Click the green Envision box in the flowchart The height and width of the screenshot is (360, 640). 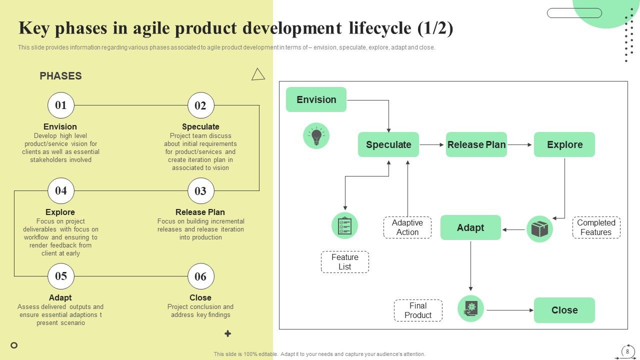click(x=316, y=99)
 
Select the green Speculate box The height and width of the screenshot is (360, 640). click(x=388, y=144)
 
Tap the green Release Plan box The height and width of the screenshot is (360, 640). click(x=476, y=144)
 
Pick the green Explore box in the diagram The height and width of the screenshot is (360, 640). click(x=564, y=144)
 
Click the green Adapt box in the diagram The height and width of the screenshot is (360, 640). click(x=470, y=227)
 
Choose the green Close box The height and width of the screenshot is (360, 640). click(x=564, y=310)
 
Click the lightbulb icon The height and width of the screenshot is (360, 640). click(x=316, y=135)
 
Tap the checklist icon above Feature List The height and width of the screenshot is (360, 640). click(x=344, y=225)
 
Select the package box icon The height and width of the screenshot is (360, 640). click(x=539, y=229)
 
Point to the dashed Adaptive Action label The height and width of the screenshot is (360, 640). click(x=407, y=227)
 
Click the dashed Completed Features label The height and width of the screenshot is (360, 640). click(x=596, y=227)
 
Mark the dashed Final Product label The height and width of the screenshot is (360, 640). click(x=418, y=310)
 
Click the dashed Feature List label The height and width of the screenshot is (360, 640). click(x=345, y=262)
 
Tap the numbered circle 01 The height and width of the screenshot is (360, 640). click(x=60, y=105)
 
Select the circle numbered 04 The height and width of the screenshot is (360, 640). click(x=60, y=190)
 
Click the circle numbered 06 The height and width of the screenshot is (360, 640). click(x=200, y=276)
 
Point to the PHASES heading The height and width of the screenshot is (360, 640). click(x=60, y=76)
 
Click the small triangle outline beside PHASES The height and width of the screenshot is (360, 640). click(x=258, y=74)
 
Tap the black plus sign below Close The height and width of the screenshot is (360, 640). click(x=227, y=333)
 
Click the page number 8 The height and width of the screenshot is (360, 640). click(x=627, y=351)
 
